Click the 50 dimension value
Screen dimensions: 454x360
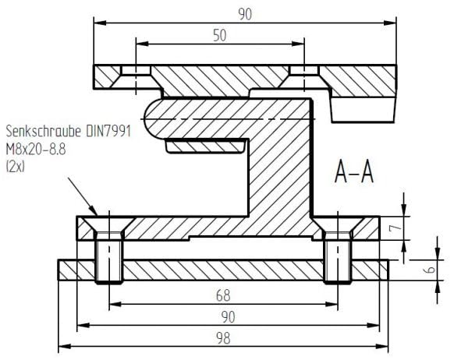pyautogui.click(x=220, y=35)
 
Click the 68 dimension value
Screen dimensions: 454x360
pyautogui.click(x=223, y=295)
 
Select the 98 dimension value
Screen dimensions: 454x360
pyautogui.click(x=223, y=338)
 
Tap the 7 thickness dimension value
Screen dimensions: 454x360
pyautogui.click(x=395, y=228)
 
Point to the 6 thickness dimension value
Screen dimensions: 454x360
pyautogui.click(x=429, y=270)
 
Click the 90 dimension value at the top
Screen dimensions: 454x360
pyautogui.click(x=245, y=14)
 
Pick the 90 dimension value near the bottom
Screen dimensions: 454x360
pyautogui.click(x=228, y=317)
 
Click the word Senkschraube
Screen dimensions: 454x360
pyautogui.click(x=44, y=131)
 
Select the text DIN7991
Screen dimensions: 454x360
pyautogui.click(x=108, y=131)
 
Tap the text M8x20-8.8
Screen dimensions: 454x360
pyautogui.click(x=36, y=150)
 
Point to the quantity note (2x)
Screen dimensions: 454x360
pyautogui.click(x=16, y=167)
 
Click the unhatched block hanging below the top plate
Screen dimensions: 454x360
pyautogui.click(x=364, y=110)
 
